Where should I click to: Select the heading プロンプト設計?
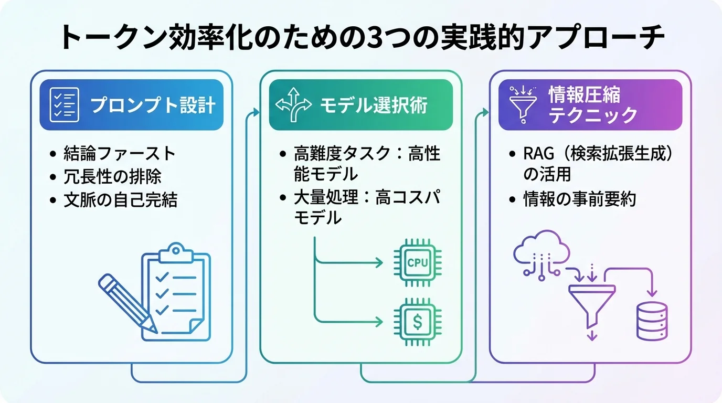pyautogui.click(x=153, y=105)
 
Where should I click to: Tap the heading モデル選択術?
pyautogui.click(x=374, y=105)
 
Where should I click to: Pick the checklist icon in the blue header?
pyautogui.click(x=64, y=105)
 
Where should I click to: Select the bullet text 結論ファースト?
pyautogui.click(x=119, y=154)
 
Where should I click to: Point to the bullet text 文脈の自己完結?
pyautogui.click(x=120, y=200)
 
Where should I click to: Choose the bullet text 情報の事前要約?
pyautogui.click(x=580, y=199)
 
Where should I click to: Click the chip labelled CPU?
pyautogui.click(x=418, y=261)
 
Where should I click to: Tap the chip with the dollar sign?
pyautogui.click(x=418, y=321)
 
